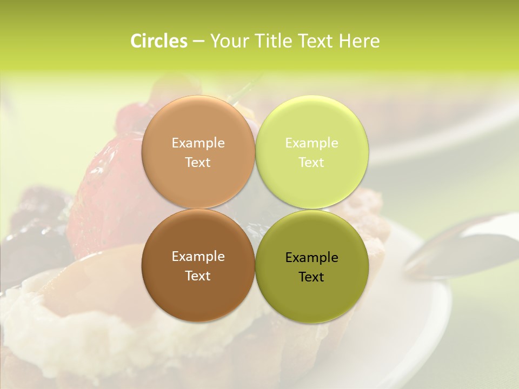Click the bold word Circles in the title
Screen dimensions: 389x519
(x=159, y=41)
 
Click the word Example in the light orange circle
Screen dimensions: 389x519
(x=198, y=143)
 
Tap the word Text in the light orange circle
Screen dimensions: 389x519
(x=198, y=162)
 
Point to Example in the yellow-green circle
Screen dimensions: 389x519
(x=311, y=143)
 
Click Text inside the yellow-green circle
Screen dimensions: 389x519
(x=311, y=162)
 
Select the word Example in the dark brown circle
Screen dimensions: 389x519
(x=198, y=256)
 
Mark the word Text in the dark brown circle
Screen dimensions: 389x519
(x=198, y=276)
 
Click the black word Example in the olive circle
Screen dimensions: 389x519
(x=311, y=257)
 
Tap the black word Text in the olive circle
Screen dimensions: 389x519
(x=311, y=277)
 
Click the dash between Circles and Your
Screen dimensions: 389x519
(x=198, y=42)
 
